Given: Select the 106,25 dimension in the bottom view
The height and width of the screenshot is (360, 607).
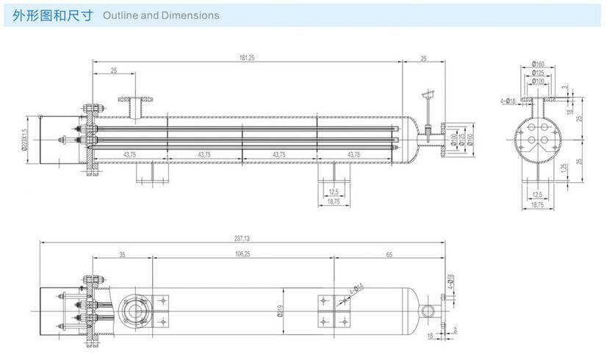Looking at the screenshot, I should click(x=243, y=254).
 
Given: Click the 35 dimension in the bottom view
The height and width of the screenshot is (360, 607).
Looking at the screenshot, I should click(x=122, y=254).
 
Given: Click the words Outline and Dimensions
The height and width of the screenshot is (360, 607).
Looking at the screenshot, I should click(x=161, y=15).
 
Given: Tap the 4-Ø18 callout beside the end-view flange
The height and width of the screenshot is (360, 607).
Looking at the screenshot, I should click(x=507, y=101).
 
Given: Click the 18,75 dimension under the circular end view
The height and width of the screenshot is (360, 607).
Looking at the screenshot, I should click(x=538, y=206).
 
